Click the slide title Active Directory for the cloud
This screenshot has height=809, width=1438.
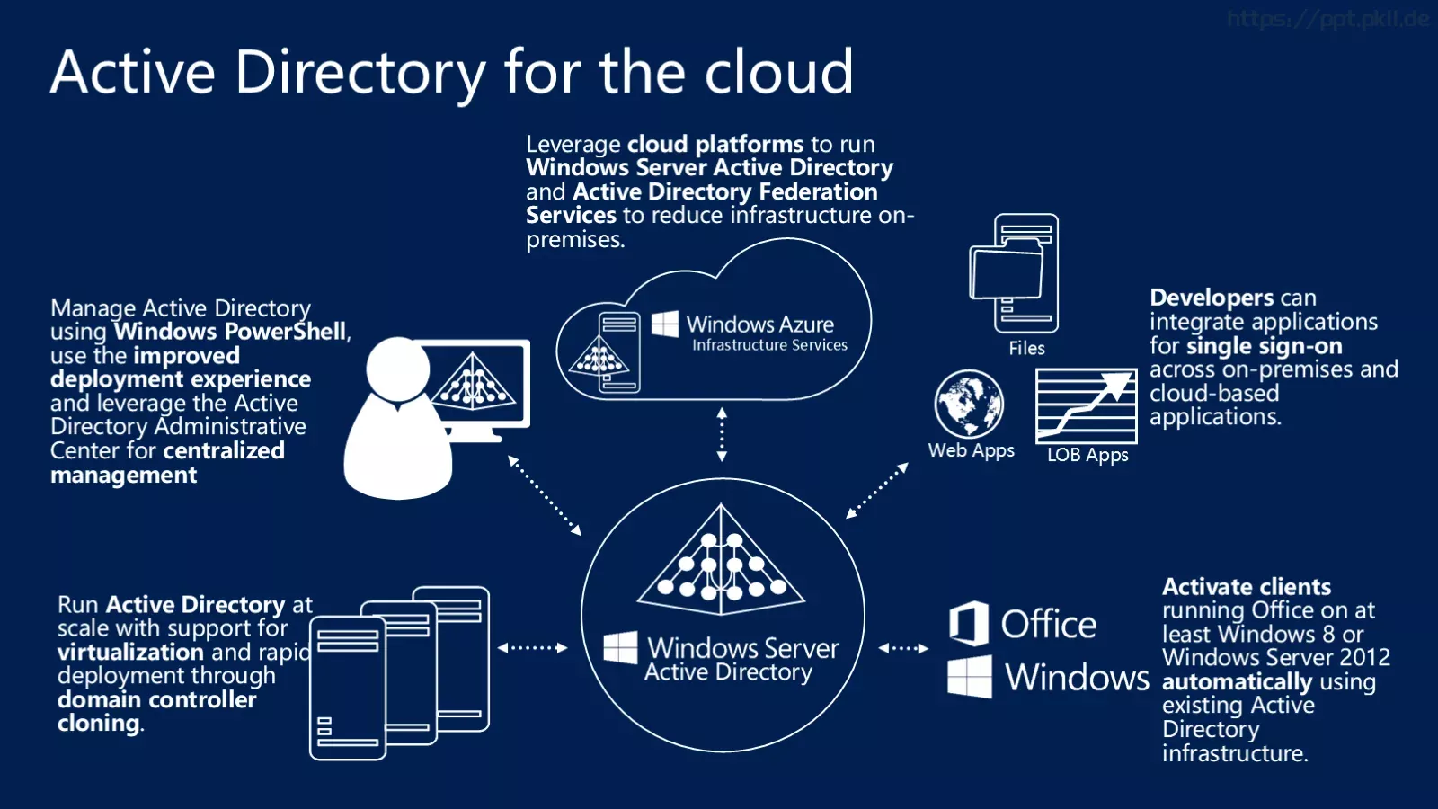pos(452,72)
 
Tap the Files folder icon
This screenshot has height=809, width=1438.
pos(1015,273)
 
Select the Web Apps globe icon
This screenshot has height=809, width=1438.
pos(970,404)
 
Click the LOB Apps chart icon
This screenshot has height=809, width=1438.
pos(1087,405)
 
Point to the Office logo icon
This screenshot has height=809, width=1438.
pos(969,623)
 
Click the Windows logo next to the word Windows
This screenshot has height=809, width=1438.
pos(970,677)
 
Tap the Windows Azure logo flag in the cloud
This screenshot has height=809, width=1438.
pos(665,324)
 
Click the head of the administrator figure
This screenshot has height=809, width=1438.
pos(398,369)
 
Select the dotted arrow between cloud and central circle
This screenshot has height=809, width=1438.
pos(723,434)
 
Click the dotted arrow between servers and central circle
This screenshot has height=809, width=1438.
pos(532,648)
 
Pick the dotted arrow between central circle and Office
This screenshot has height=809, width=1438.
pos(903,648)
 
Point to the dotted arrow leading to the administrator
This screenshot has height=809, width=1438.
pos(545,495)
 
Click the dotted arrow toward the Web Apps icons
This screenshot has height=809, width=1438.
pos(877,491)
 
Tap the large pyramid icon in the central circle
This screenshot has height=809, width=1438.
pos(721,559)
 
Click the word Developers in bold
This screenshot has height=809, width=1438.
pos(1212,298)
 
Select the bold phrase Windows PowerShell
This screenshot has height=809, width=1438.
pos(230,332)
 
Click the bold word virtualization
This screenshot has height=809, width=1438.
pos(130,653)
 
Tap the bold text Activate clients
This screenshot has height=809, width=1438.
pos(1247,586)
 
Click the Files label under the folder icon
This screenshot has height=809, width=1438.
pos(1026,348)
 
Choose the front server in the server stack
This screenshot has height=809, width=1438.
pos(348,689)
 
